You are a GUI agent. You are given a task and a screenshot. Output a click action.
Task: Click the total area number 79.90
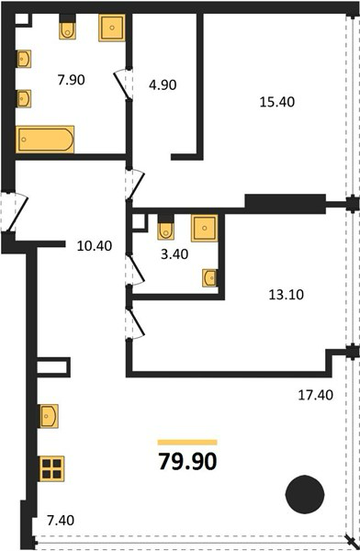pos(187,461)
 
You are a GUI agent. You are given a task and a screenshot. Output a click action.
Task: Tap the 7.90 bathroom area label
pos(72,80)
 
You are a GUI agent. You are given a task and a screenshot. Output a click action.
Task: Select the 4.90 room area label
pos(163,84)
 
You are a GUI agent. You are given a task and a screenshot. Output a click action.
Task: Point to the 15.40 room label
pos(277,102)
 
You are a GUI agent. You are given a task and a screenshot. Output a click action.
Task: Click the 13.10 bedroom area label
pos(287,295)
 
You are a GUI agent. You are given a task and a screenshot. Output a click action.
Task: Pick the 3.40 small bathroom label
pos(174,253)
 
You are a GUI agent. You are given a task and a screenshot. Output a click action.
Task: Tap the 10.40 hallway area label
pos(95,245)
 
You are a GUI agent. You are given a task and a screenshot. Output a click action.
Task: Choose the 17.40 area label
pos(316,395)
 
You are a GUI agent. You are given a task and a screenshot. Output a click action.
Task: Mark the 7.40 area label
pos(61,520)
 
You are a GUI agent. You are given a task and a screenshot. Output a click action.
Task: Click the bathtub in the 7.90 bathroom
pos(45,140)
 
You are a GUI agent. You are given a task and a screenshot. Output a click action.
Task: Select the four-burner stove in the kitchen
pos(51,468)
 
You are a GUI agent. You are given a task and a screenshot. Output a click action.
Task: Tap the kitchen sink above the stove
pos(48,416)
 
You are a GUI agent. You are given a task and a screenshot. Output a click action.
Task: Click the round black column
pos(305,494)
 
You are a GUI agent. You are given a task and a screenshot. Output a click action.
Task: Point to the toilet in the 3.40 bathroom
pos(165,228)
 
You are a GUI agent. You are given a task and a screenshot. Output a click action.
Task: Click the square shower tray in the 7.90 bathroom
pos(112,28)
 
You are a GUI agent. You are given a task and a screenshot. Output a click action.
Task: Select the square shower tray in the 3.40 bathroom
pos(204,228)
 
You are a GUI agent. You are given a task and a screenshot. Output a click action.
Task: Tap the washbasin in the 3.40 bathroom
pos(210,277)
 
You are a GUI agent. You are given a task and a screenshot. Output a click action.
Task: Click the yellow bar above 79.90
pos(187,443)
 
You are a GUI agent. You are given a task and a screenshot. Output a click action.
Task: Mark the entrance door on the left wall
pos(14,211)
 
